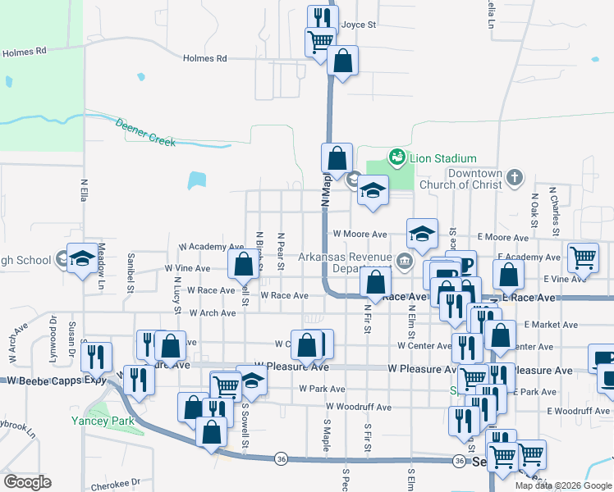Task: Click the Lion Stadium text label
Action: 443,158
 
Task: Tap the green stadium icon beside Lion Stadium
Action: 397,156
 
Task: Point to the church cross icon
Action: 514,177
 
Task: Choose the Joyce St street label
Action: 359,25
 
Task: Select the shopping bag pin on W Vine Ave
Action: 243,264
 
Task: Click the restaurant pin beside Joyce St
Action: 322,17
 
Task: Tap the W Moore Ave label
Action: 360,235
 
